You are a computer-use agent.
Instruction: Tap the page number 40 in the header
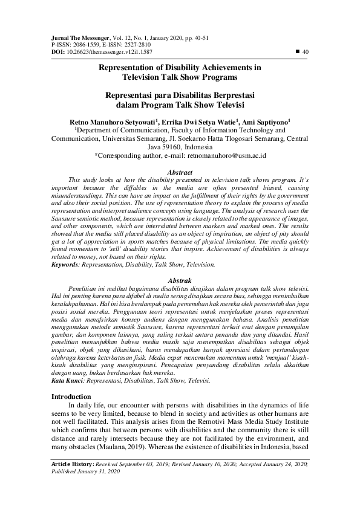(x=306, y=52)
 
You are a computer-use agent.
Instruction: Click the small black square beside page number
(x=296, y=52)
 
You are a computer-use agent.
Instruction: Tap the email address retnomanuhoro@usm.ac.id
(x=227, y=155)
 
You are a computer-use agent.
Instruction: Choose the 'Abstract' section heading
(x=180, y=172)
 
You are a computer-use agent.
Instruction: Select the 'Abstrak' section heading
(x=180, y=281)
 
